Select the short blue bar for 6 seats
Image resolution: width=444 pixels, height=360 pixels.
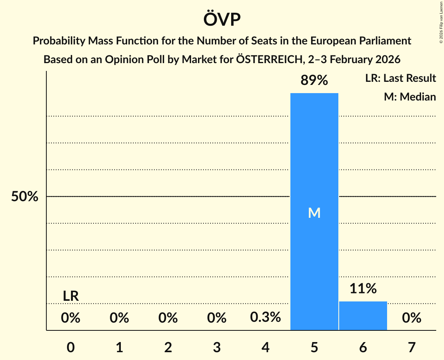coord(363,316)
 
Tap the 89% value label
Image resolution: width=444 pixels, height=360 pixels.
coord(314,81)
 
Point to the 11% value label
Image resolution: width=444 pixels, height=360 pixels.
coord(363,289)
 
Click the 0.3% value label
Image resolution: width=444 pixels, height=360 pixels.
coord(265,317)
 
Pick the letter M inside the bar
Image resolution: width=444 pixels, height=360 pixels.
coord(314,213)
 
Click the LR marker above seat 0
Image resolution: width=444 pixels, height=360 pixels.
coord(71,296)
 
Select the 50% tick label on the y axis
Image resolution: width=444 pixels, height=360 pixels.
coord(25,197)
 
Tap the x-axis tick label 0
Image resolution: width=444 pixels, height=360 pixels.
coord(71,347)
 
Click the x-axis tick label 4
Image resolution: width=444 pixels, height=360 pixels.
coord(265,347)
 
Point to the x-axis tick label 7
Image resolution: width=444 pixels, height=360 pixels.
coord(412,347)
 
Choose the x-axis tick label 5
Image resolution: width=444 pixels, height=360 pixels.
coord(314,347)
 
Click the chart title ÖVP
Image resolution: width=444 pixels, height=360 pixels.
coord(222,19)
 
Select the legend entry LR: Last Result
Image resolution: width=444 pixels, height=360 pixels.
coord(400,78)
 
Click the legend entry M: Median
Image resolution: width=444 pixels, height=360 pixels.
coord(410,97)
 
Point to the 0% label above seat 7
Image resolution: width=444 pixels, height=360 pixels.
coord(412,318)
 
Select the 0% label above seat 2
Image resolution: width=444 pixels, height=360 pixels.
coord(168,318)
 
